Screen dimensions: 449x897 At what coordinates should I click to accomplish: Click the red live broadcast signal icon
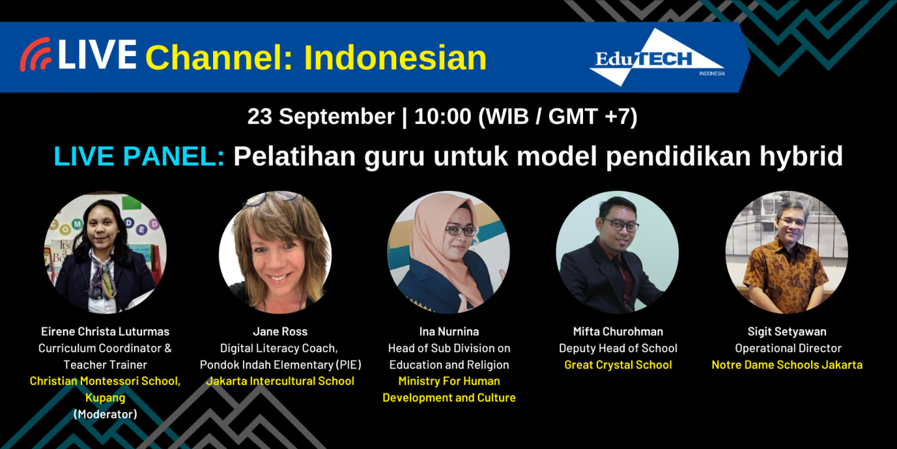35,55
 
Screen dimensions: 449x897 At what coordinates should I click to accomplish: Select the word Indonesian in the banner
395,58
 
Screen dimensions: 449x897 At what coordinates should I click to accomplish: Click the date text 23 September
321,117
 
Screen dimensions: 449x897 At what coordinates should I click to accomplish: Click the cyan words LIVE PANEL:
139,156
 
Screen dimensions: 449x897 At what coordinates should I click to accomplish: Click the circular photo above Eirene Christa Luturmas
105,252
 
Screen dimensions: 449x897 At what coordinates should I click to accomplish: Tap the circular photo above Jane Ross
275,252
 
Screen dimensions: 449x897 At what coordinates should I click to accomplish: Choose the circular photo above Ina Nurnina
448,252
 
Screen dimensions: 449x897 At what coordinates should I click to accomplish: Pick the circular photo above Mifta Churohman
617,252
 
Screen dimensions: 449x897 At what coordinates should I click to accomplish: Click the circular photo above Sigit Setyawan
786,252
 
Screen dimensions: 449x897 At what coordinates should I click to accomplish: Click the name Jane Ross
280,332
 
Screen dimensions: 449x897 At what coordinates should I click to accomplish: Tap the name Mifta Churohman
618,332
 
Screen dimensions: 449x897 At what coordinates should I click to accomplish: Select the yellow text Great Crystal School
618,365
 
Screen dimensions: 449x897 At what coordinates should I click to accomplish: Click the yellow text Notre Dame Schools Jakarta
787,365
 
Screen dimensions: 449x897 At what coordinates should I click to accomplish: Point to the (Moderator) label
105,413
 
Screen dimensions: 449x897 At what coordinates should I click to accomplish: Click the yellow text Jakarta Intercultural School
280,381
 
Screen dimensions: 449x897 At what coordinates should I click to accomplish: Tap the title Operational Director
787,348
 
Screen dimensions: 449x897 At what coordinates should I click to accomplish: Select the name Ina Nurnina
448,332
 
